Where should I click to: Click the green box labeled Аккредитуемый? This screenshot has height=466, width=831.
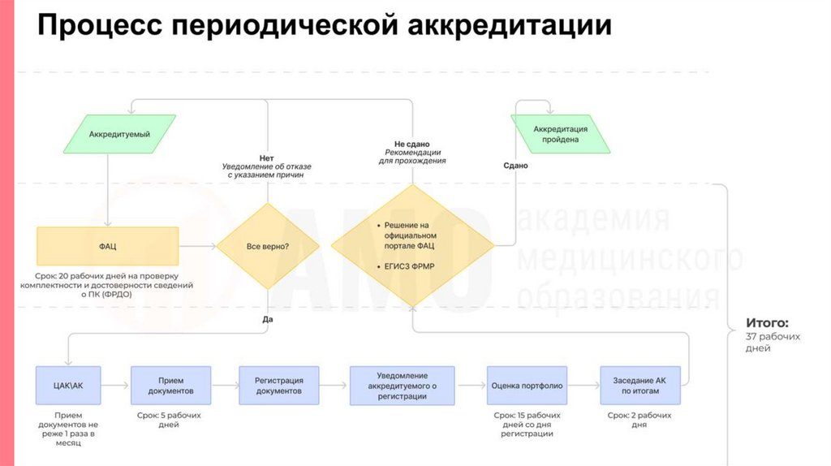119,135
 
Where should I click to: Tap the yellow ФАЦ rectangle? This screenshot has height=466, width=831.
108,246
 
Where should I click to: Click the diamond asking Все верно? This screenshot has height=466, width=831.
267,246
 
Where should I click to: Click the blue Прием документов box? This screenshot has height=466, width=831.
170,386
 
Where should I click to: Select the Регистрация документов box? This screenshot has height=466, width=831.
278,386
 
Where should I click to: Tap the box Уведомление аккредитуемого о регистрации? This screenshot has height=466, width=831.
402,386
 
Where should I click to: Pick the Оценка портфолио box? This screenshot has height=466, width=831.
527,386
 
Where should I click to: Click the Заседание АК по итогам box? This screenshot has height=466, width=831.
639,386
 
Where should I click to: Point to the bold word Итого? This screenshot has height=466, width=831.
767,322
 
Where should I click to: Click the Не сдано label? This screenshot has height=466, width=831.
412,144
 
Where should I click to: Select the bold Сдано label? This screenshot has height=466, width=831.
515,166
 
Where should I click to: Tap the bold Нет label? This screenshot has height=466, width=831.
266,157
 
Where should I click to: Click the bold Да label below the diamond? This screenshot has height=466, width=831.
268,319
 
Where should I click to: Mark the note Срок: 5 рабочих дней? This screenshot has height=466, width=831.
170,420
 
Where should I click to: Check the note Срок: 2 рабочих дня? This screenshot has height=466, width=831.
639,420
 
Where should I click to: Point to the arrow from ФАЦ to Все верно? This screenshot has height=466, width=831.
197,246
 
